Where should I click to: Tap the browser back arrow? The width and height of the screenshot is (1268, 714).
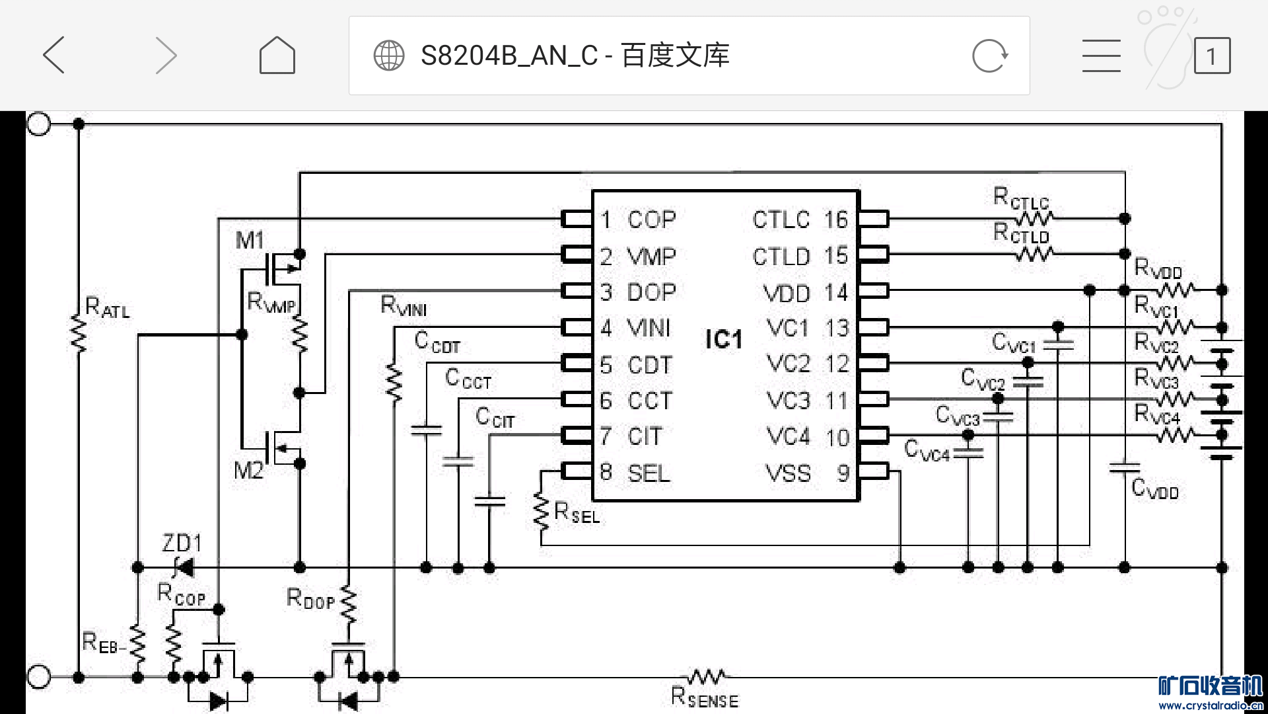[54, 55]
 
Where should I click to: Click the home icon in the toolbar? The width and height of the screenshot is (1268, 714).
[277, 55]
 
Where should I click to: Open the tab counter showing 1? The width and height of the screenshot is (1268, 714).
[1212, 56]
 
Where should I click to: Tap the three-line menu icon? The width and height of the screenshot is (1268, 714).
[1101, 56]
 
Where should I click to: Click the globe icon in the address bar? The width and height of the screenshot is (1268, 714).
[389, 56]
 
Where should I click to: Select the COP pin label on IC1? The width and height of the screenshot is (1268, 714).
[651, 220]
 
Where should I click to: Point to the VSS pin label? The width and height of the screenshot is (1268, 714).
[788, 473]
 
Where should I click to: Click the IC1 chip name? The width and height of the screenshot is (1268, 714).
[724, 340]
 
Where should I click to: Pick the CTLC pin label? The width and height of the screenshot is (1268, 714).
[781, 220]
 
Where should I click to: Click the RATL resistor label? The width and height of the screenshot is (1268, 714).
[108, 308]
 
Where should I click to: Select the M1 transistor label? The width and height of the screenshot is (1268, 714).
[250, 240]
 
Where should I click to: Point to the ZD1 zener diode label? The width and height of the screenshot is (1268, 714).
[182, 543]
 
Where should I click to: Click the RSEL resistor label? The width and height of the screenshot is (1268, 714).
[577, 513]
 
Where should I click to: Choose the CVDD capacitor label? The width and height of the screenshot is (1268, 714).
[1154, 489]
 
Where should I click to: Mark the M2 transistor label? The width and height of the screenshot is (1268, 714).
[248, 471]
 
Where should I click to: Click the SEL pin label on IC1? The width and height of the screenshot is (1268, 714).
[649, 473]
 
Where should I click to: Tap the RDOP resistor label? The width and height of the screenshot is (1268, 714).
[310, 599]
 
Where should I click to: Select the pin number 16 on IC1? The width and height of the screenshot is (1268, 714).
[835, 220]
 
